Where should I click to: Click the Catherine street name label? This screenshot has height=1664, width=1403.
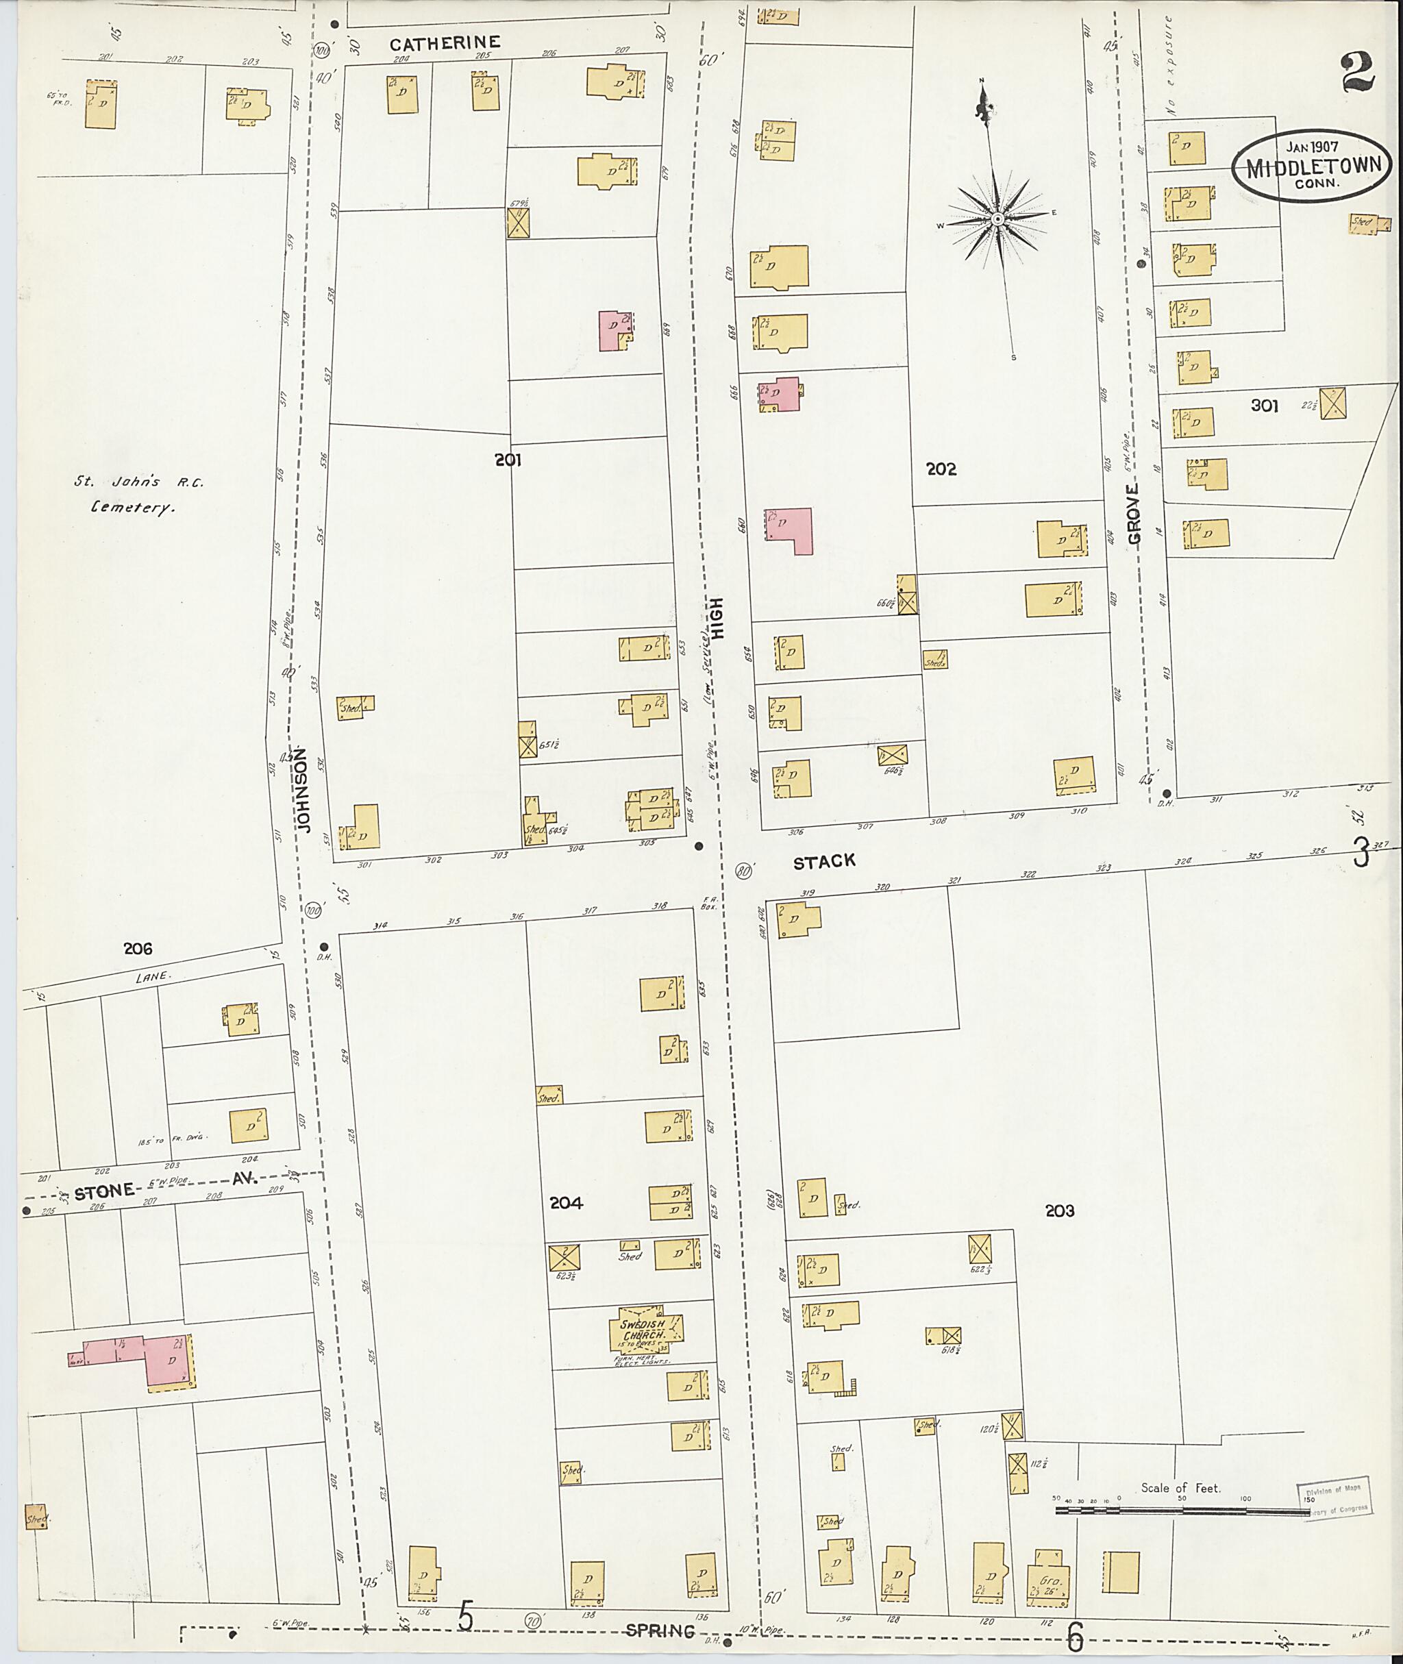coord(445,43)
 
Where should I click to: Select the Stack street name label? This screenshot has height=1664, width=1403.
coord(825,860)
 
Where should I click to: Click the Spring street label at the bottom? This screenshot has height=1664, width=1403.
coord(660,1631)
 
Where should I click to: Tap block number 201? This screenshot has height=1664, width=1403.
coord(508,459)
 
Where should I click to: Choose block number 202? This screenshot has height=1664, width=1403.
coord(941,469)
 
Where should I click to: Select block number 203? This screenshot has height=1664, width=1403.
coord(1059,1210)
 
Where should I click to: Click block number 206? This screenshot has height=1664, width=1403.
coord(138,948)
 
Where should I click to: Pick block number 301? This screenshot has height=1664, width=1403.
coord(1264,406)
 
